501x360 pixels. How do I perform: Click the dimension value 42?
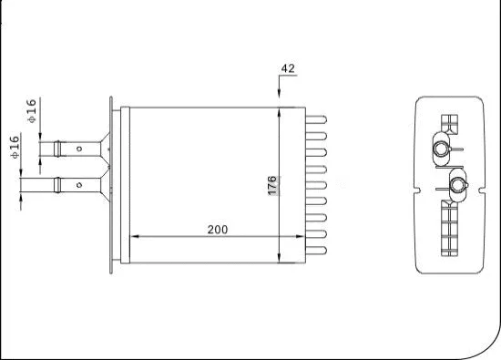tap(289, 68)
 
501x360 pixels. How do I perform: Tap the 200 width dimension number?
tap(217, 229)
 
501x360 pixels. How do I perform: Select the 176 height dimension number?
tap(271, 184)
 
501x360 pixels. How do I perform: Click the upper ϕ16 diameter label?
tap(31, 112)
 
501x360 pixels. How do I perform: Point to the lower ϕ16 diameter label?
tap(15, 149)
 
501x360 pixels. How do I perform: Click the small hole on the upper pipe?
tap(80, 147)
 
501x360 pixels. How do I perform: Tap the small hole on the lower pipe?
tap(80, 185)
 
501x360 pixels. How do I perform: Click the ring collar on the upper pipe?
tap(57, 147)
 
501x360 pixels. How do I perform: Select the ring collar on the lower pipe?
tap(57, 185)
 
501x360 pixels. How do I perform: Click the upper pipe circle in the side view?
tap(441, 148)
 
